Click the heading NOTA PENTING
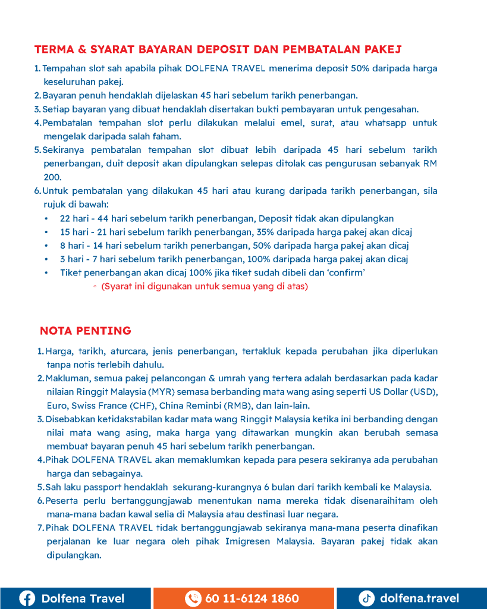[85, 331]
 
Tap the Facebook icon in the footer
[27, 598]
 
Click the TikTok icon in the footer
[366, 598]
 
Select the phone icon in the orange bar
[193, 598]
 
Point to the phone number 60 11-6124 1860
[252, 598]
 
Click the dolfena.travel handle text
[419, 598]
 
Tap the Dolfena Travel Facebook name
[83, 598]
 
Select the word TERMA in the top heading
[53, 48]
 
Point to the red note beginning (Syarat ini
[205, 286]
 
